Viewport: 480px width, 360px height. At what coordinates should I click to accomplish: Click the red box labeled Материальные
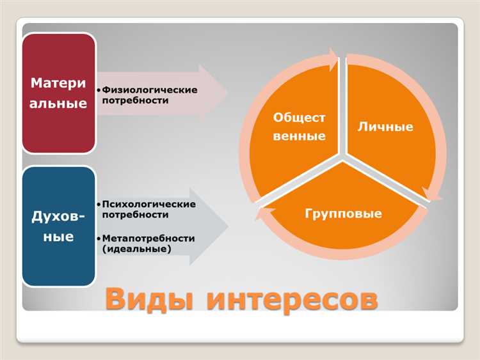59,93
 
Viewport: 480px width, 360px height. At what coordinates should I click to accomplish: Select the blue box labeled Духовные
59,226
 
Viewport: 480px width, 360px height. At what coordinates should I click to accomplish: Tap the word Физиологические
148,90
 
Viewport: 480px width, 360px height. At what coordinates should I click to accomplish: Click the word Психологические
148,203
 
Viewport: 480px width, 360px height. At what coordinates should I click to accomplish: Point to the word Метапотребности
148,238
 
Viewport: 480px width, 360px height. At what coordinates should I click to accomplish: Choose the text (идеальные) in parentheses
136,249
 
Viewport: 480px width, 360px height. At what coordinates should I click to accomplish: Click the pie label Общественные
299,127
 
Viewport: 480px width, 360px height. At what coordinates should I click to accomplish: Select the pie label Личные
385,127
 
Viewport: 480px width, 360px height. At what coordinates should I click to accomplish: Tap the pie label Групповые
343,213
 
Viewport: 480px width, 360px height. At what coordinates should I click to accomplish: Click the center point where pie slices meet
344,156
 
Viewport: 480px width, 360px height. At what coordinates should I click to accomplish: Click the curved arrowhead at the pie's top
334,59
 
